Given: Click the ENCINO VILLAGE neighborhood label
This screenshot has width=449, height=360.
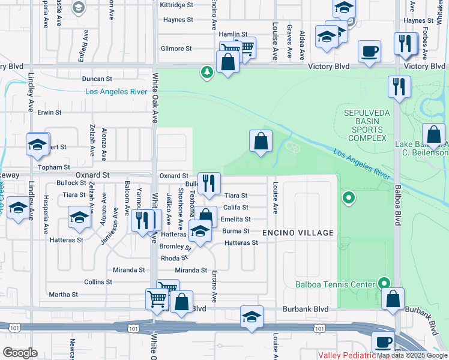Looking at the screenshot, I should point(298,232).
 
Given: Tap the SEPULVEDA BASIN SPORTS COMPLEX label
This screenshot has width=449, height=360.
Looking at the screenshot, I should point(365,125).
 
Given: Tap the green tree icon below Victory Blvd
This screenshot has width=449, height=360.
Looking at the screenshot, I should point(207,73).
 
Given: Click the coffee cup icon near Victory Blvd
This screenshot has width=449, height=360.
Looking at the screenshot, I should point(369,51).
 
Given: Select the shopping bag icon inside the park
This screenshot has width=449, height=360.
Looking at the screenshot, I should point(261,142).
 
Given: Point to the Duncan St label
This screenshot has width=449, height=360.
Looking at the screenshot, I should point(97,79).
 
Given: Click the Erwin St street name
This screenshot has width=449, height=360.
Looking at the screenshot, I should point(49,112).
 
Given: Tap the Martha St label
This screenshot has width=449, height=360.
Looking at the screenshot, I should point(63,295).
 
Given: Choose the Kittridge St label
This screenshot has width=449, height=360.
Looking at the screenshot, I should point(176,5).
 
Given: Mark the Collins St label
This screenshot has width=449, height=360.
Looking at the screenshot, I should point(98,281).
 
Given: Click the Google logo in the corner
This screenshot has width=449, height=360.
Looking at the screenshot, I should point(20,353).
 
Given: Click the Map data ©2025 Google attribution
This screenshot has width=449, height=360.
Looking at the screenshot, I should point(412,355).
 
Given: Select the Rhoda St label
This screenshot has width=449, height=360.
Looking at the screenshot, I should point(174,259).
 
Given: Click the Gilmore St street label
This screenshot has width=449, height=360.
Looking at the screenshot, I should point(176,49).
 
